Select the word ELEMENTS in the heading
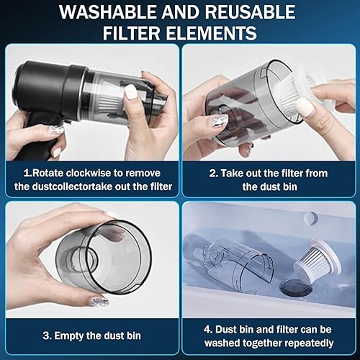pos(216,33)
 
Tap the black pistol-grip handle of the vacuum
pos(36,130)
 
